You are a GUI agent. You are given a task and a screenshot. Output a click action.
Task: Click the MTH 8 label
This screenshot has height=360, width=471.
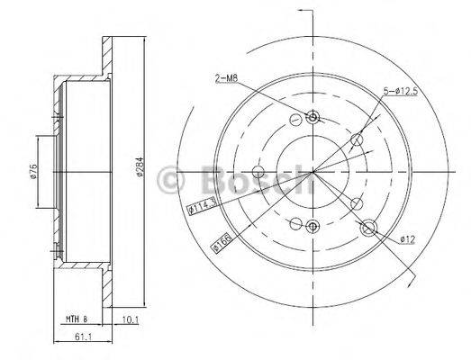77,317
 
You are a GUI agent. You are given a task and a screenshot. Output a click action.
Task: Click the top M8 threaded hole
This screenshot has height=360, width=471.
312,117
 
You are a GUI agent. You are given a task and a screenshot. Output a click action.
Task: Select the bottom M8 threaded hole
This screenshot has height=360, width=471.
312,226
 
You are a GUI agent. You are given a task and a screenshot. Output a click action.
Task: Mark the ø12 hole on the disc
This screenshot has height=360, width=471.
367,229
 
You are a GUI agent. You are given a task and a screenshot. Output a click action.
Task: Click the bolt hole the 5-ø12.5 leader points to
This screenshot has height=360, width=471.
358,139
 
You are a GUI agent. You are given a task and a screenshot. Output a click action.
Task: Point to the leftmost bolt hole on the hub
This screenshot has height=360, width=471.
258,172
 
